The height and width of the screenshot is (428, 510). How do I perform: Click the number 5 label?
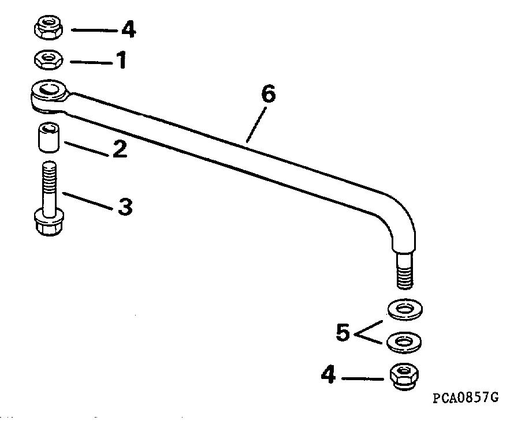pyautogui.click(x=344, y=333)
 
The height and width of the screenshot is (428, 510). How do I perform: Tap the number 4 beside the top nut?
pyautogui.click(x=128, y=29)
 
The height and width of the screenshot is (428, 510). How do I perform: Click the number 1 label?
pyautogui.click(x=121, y=59)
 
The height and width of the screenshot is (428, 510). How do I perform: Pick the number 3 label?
pyautogui.click(x=125, y=206)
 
